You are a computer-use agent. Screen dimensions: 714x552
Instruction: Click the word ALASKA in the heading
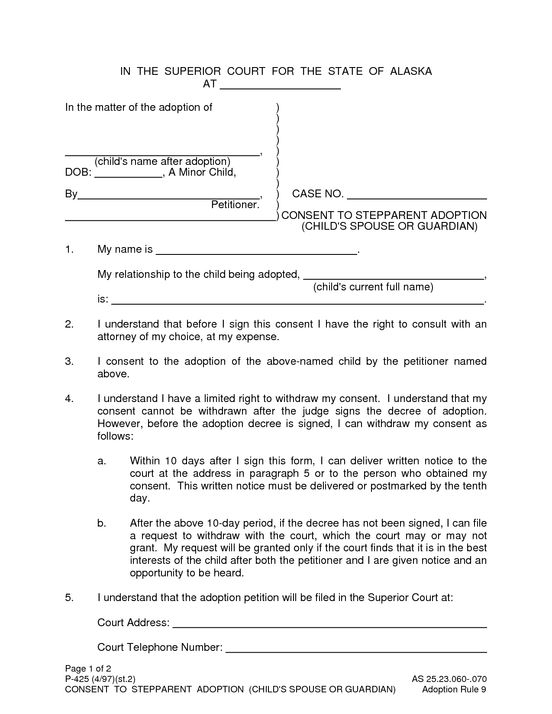[411, 71]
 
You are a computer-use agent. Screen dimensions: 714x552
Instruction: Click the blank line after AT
[281, 87]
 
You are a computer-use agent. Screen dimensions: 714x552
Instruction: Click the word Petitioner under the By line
[235, 205]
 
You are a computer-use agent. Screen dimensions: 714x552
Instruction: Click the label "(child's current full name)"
[373, 287]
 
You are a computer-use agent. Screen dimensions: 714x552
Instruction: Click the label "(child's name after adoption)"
[162, 161]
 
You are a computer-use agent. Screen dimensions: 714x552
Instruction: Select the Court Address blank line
[329, 625]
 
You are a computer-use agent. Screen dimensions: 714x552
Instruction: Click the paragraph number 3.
[69, 361]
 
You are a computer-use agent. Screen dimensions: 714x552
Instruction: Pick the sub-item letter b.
[102, 523]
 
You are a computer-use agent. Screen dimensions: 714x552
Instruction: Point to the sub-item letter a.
[102, 461]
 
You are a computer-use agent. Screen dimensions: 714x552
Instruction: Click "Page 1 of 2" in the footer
[88, 668]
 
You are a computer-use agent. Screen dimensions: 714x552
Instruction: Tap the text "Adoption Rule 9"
[454, 689]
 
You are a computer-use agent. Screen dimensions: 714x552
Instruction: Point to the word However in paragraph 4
[119, 423]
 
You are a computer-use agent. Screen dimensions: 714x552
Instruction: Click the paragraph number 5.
[69, 598]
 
